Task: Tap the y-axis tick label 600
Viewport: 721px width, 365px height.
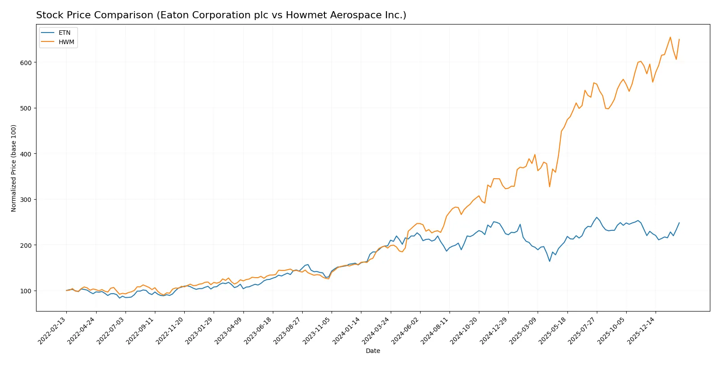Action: (26, 63)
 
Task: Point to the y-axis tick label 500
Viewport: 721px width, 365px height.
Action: (26, 108)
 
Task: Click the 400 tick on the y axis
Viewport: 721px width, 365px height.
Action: (26, 154)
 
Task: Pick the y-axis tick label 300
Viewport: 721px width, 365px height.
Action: (26, 200)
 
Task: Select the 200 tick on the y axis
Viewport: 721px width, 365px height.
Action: (26, 246)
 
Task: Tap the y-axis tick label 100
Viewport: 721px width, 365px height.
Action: (26, 291)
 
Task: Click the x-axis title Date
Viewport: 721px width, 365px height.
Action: (373, 351)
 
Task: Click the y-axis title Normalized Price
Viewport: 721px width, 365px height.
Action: (14, 168)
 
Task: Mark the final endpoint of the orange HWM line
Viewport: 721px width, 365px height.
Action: (679, 39)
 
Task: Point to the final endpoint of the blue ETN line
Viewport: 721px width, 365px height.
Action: (679, 223)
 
